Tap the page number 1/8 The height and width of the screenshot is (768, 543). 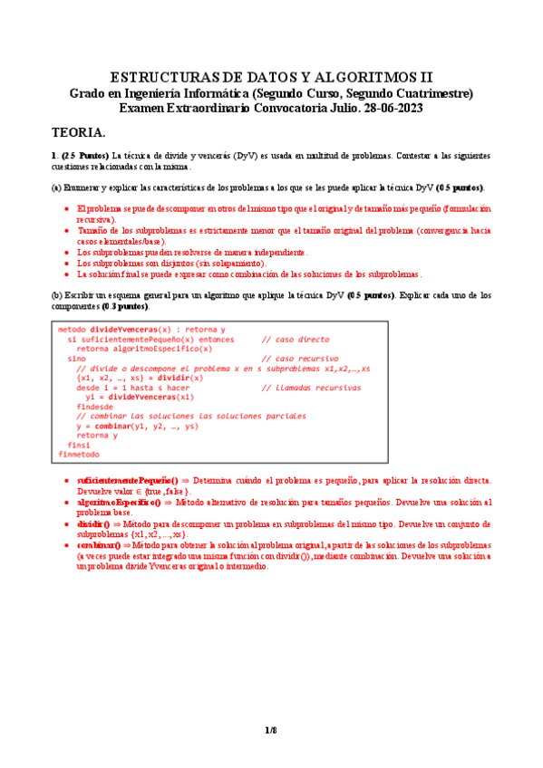270,730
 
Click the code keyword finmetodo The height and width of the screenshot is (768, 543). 79,454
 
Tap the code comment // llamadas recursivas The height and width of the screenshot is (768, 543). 311,388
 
